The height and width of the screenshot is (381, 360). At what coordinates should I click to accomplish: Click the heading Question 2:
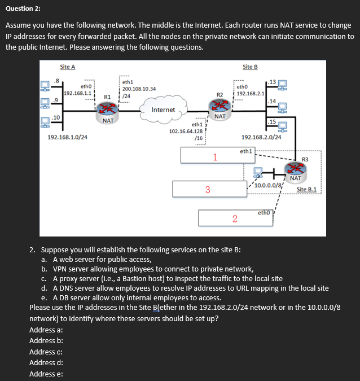[x=24, y=9]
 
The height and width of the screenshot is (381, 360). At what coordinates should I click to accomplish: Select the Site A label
[x=67, y=67]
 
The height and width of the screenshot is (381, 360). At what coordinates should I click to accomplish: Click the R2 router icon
[x=219, y=105]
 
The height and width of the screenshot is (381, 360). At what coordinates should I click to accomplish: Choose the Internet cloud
[x=163, y=110]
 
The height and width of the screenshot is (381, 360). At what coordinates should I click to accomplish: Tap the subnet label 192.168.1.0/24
[x=67, y=137]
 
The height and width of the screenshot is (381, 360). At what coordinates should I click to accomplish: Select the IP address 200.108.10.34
[x=138, y=89]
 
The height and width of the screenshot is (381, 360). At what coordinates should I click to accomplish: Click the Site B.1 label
[x=308, y=189]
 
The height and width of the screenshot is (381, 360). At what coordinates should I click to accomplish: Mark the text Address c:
[x=46, y=351]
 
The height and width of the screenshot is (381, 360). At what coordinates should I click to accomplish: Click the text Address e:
[x=46, y=373]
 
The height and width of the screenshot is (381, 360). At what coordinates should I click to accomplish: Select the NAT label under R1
[x=108, y=120]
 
